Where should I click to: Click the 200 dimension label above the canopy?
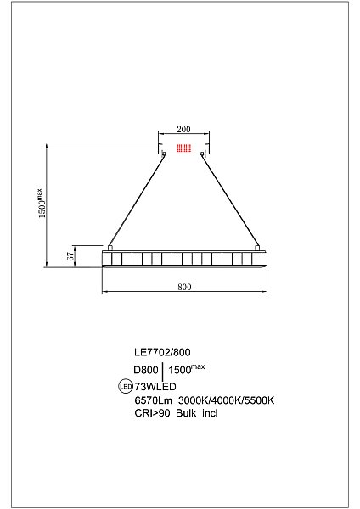[x=183, y=129]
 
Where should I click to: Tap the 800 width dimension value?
[x=184, y=287]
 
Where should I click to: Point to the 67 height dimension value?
[x=70, y=256]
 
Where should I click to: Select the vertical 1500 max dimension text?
[x=42, y=204]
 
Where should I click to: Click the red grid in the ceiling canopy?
[x=183, y=148]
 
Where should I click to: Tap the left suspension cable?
[x=137, y=200]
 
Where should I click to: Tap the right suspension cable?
[x=230, y=200]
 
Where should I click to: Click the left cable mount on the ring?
[x=110, y=248]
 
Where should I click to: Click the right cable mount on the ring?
[x=257, y=248]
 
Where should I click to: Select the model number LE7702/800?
[x=162, y=352]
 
